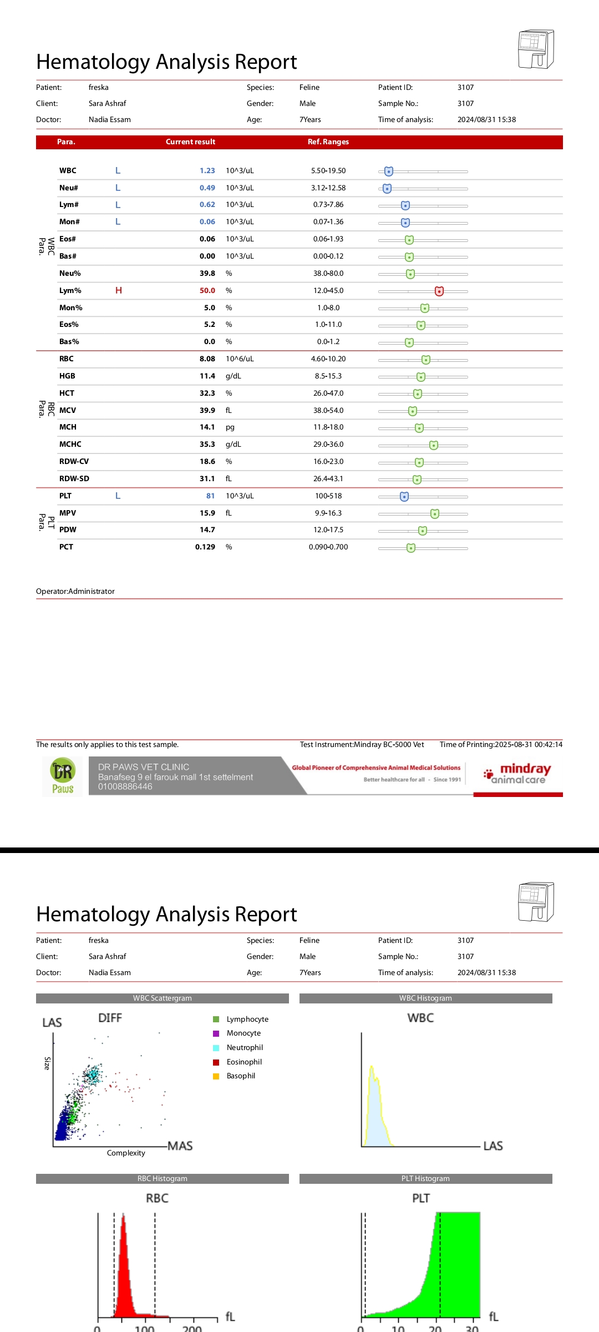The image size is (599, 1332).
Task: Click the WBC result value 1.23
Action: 207,171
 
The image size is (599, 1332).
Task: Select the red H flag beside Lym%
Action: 118,290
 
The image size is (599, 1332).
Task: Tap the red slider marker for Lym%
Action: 439,291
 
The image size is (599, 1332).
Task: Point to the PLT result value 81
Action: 210,496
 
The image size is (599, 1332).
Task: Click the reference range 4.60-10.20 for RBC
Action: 328,359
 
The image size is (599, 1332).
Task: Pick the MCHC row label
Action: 70,445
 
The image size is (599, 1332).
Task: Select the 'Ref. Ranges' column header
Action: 328,142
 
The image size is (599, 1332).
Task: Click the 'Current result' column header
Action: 190,142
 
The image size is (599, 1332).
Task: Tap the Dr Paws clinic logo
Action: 63,776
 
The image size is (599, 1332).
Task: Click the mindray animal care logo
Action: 518,774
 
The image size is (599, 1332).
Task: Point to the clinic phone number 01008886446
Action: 125,786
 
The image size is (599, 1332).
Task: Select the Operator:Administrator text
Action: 75,592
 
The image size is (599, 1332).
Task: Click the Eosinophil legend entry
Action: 244,1062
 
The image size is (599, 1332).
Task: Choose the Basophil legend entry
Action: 241,1076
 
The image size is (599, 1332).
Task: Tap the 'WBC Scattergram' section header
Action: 163,998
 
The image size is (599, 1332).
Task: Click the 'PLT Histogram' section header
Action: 425,1178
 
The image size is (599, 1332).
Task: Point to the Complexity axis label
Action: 126,1153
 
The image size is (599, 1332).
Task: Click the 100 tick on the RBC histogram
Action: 145,1327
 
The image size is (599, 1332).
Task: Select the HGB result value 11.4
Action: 207,376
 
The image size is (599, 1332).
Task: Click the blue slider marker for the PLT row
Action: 404,496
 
